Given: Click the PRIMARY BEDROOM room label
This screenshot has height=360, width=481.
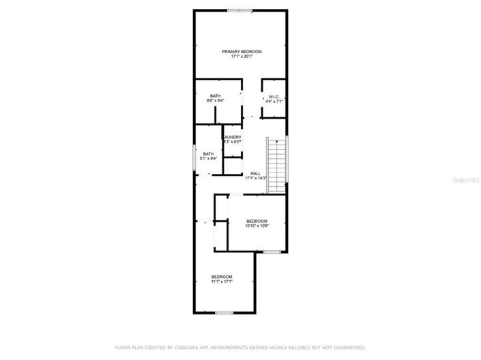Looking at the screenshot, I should pyautogui.click(x=242, y=52).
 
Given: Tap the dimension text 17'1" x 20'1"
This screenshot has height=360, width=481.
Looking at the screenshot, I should pyautogui.click(x=242, y=57).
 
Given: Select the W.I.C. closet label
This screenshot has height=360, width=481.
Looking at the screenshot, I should pyautogui.click(x=274, y=96).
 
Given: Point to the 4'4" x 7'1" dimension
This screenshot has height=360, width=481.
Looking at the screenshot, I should pyautogui.click(x=274, y=101).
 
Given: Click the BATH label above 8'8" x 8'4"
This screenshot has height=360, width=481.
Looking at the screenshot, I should pyautogui.click(x=215, y=96).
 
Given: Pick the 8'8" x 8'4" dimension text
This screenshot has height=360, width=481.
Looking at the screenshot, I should pyautogui.click(x=215, y=101).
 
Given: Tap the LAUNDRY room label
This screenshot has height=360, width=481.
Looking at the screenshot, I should pyautogui.click(x=233, y=137).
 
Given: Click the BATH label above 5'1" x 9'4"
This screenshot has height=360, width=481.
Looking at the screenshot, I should pyautogui.click(x=208, y=154).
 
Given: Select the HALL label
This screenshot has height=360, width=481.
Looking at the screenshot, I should pyautogui.click(x=255, y=173).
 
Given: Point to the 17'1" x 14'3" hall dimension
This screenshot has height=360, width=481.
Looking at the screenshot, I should pyautogui.click(x=255, y=178).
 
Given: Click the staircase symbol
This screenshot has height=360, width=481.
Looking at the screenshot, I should pyautogui.click(x=276, y=164).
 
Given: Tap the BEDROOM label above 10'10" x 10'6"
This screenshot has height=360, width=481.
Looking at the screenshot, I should pyautogui.click(x=257, y=221).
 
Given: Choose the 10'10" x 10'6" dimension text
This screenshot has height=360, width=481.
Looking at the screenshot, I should pyautogui.click(x=257, y=226).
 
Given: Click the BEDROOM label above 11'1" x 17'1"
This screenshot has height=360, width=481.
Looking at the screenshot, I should pyautogui.click(x=222, y=276).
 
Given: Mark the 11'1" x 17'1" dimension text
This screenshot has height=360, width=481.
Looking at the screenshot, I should pyautogui.click(x=222, y=281).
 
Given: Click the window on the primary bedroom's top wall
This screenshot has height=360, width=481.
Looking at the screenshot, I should pyautogui.click(x=239, y=10).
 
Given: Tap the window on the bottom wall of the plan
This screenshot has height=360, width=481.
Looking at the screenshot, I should pyautogui.click(x=224, y=312).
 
